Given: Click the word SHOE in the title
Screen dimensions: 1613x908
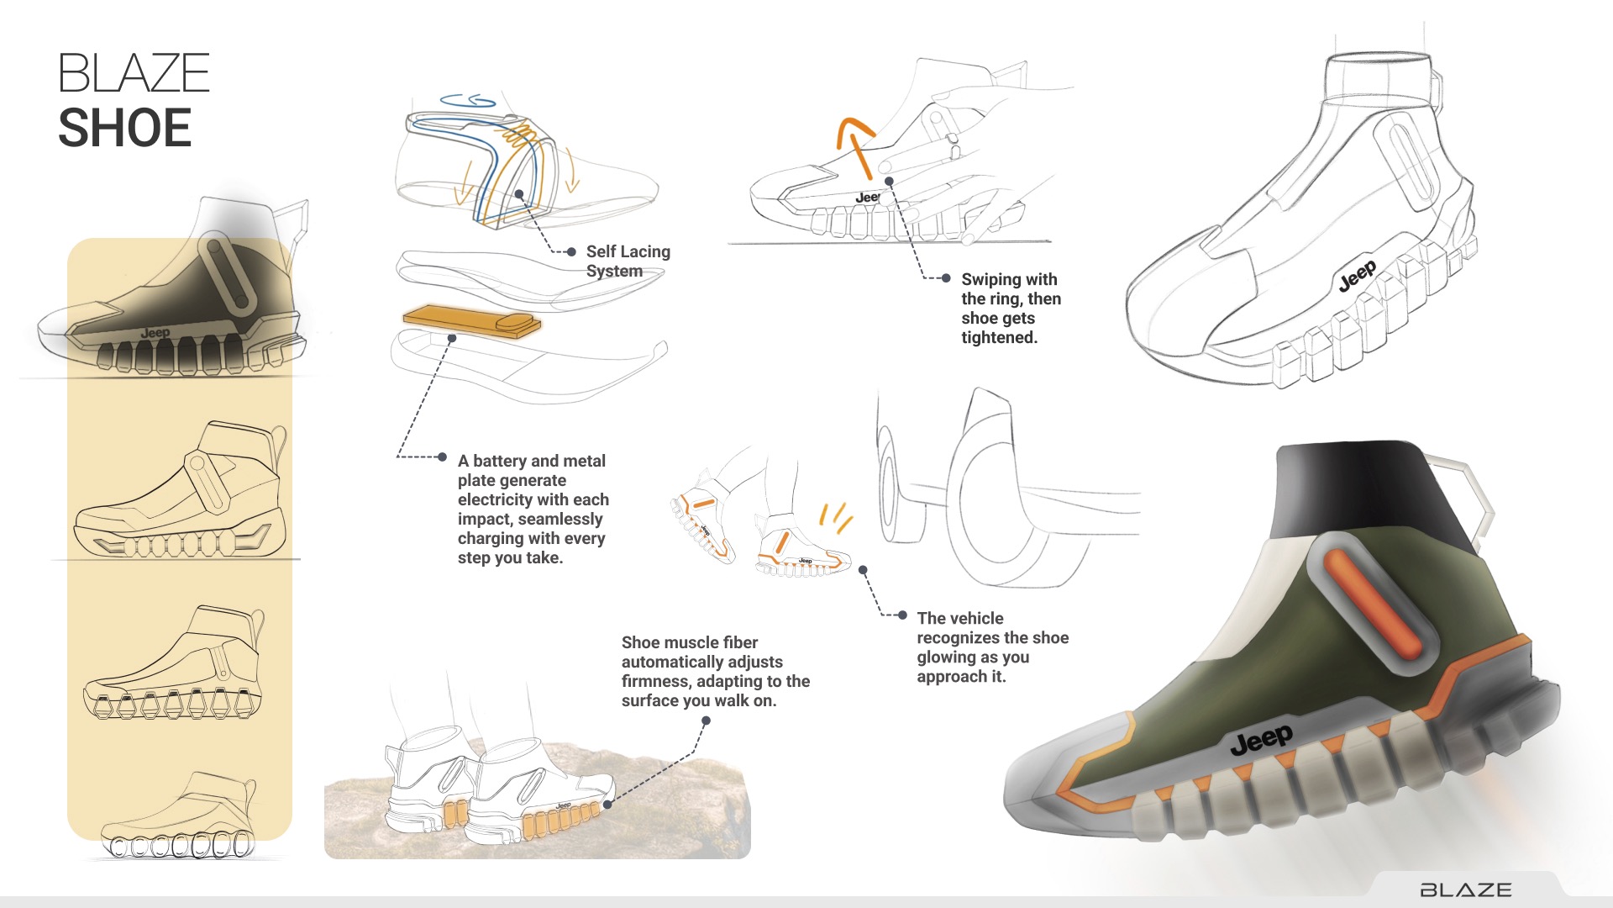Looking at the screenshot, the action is point(125,128).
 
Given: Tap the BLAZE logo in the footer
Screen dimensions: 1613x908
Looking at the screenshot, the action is point(1466,890).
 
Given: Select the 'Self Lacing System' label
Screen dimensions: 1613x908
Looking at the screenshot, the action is point(628,261).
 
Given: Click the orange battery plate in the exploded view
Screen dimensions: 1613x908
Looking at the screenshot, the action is point(471,320).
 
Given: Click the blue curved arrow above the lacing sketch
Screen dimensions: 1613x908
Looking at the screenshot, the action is point(468,101).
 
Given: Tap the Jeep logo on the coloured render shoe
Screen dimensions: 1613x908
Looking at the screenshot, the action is point(1261,739).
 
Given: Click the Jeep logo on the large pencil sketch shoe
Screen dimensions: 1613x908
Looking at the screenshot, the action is point(1357,276).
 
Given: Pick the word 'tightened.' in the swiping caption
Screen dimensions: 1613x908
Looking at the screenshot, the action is point(1000,338).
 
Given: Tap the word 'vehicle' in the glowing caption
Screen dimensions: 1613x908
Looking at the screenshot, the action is point(976,618).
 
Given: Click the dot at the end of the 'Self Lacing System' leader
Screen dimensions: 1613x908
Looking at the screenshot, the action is point(571,251).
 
